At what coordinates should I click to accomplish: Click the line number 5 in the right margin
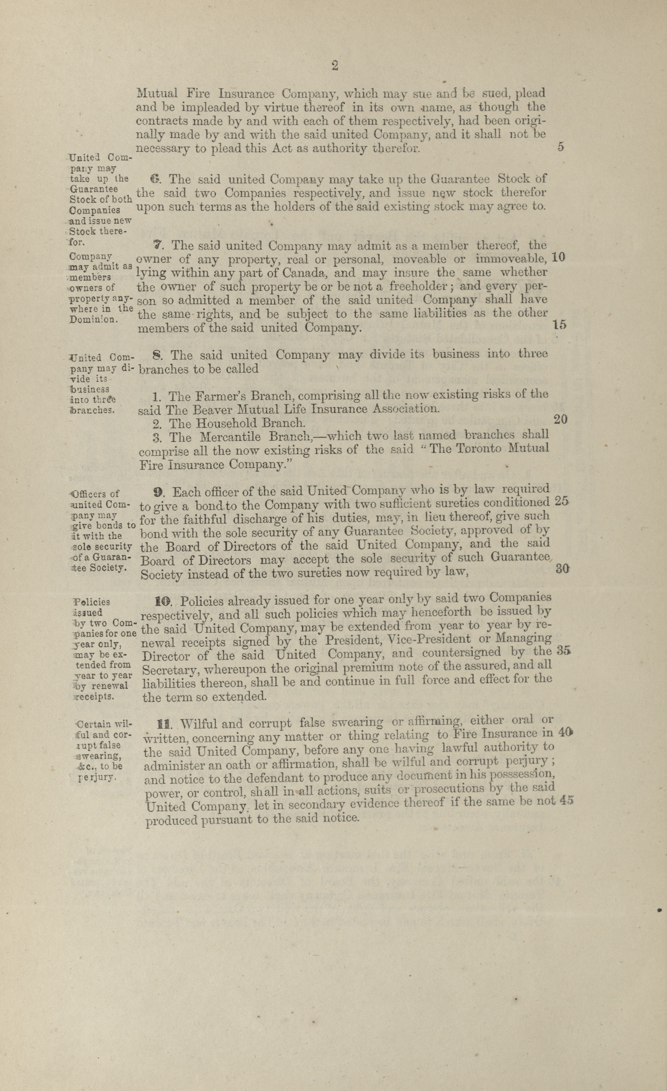click(x=560, y=147)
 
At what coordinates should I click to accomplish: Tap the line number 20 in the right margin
click(x=560, y=419)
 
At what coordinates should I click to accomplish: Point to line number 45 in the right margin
click(x=566, y=800)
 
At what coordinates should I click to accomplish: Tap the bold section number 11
click(x=163, y=724)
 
